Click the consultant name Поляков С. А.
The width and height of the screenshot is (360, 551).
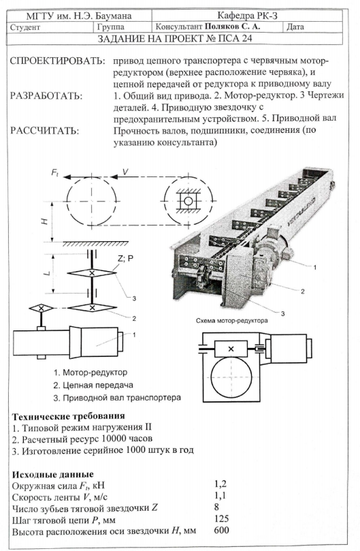point(232,27)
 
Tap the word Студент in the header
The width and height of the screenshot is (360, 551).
point(25,27)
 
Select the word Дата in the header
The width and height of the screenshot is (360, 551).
point(295,27)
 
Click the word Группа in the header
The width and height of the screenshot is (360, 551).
point(111,27)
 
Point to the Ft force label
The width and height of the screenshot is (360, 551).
point(55,172)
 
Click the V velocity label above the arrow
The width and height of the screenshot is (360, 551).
point(125,171)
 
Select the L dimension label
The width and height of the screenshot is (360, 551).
point(49,272)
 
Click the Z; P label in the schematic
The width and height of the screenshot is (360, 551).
point(126,259)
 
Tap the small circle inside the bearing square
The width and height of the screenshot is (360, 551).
point(189,202)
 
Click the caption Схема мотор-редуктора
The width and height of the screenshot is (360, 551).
point(232,321)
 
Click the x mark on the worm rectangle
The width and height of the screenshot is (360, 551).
point(231,349)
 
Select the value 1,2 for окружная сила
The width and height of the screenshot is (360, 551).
point(220,484)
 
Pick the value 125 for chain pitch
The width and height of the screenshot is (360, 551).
point(221,519)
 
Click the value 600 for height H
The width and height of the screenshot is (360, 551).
point(221,530)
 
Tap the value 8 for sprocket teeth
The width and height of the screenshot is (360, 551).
point(216,507)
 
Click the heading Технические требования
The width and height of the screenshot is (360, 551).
point(69,416)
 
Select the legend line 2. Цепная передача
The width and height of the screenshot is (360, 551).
point(93,385)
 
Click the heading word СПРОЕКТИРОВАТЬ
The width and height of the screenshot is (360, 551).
point(58,61)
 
